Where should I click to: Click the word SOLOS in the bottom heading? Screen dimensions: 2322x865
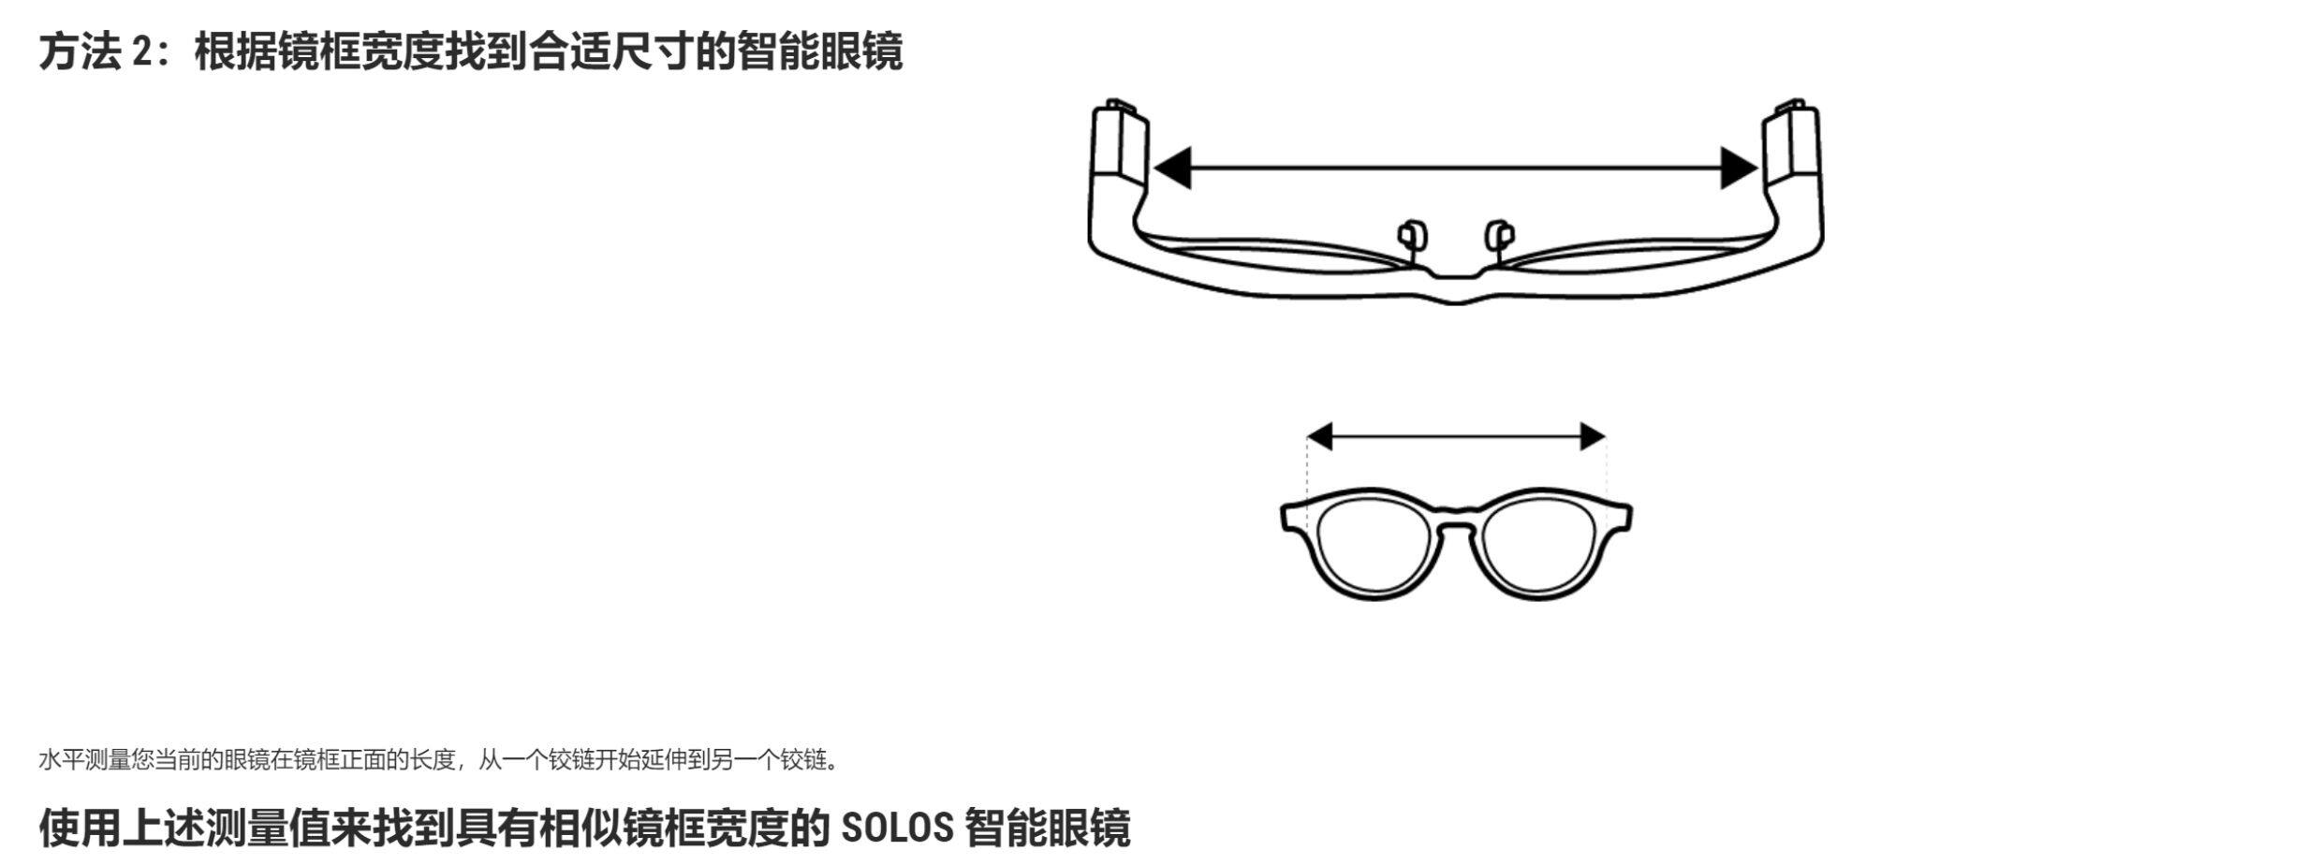tap(896, 828)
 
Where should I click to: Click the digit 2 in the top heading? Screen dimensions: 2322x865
tap(141, 51)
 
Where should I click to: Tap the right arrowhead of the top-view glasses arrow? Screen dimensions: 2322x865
tap(1740, 168)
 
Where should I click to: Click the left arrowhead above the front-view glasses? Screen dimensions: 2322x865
tap(1319, 436)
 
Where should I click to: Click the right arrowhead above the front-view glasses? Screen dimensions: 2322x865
tap(1593, 436)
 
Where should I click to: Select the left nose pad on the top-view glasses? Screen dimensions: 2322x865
tap(1410, 235)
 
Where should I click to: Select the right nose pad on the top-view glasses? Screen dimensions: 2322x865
tap(1500, 235)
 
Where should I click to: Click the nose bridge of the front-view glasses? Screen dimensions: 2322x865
tap(1456, 520)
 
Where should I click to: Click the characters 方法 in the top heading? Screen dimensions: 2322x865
tap(80, 51)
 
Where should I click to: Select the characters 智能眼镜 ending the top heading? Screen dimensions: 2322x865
tap(819, 51)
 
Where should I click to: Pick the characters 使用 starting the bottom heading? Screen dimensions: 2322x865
tap(80, 828)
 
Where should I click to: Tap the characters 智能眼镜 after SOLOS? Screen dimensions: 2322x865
tap(1047, 828)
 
